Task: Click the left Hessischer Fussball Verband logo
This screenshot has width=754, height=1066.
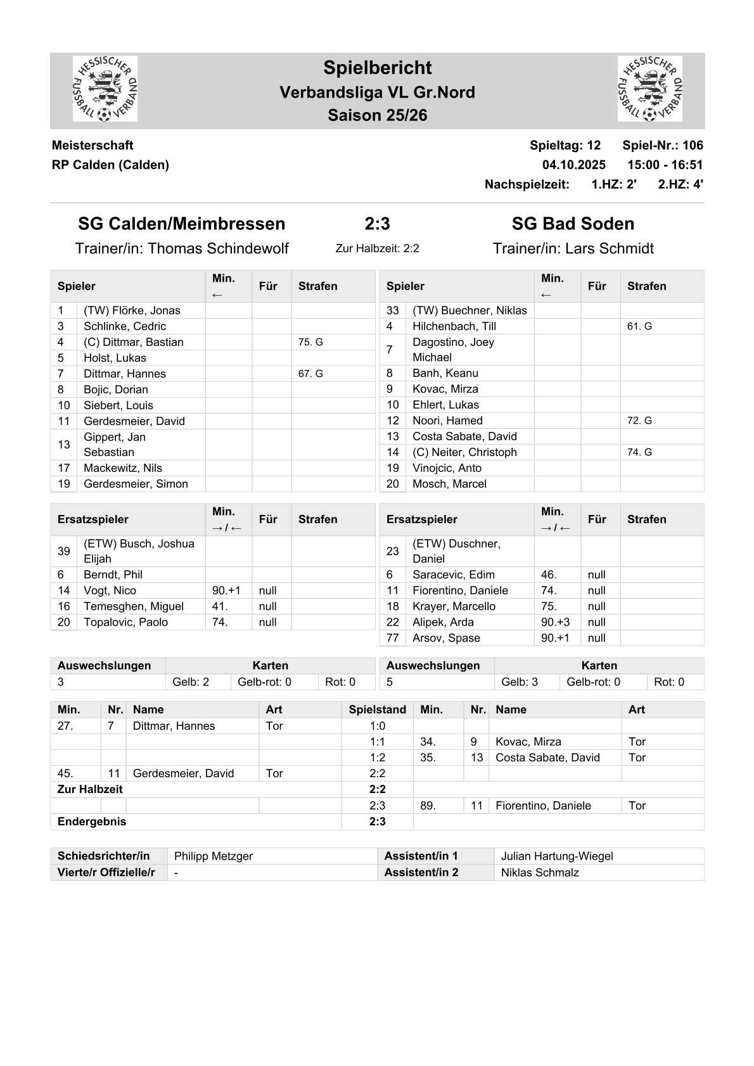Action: pyautogui.click(x=105, y=89)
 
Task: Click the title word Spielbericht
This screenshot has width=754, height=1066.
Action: pyautogui.click(x=377, y=68)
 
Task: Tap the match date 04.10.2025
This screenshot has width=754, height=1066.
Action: pyautogui.click(x=573, y=165)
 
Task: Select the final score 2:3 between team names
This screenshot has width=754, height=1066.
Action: pyautogui.click(x=377, y=224)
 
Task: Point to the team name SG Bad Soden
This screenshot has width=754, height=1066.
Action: pyautogui.click(x=573, y=224)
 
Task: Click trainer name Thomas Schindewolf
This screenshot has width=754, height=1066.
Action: pyautogui.click(x=218, y=248)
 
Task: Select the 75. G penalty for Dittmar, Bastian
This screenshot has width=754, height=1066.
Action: pyautogui.click(x=310, y=342)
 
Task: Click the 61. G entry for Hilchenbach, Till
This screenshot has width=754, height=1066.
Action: pyautogui.click(x=639, y=326)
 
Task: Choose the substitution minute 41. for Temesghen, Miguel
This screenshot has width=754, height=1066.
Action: pyautogui.click(x=220, y=606)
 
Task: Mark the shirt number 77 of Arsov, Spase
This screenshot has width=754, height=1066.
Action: pyautogui.click(x=393, y=638)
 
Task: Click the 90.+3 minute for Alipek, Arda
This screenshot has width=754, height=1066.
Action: pyautogui.click(x=555, y=622)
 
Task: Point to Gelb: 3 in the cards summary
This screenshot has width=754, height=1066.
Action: pyautogui.click(x=520, y=682)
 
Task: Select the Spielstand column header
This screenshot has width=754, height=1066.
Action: pyautogui.click(x=377, y=709)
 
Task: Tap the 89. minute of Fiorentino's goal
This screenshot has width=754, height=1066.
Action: pyautogui.click(x=428, y=806)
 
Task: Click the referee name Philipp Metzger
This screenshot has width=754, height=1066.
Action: pyautogui.click(x=214, y=856)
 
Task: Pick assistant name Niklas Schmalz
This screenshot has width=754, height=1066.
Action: pyautogui.click(x=540, y=872)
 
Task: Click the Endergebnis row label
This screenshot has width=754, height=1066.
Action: pyautogui.click(x=92, y=822)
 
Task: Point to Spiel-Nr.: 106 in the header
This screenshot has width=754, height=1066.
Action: pyautogui.click(x=662, y=145)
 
